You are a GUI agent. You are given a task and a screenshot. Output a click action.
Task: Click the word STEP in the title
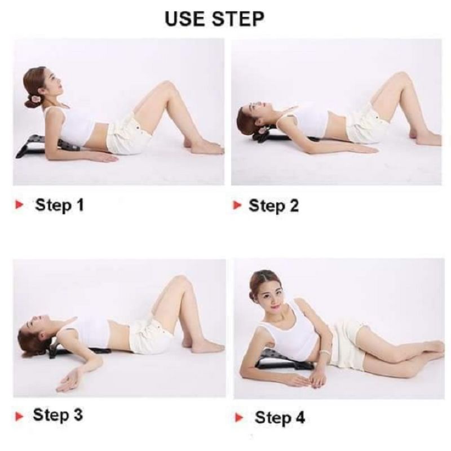point(239,18)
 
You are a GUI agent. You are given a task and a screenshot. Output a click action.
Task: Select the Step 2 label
point(273,206)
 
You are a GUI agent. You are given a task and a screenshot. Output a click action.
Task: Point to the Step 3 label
point(58,415)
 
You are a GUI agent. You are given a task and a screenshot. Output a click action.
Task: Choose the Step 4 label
point(280,418)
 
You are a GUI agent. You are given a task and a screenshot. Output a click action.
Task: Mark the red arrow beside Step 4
point(240,418)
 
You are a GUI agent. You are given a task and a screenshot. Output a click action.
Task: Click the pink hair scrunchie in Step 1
point(37,100)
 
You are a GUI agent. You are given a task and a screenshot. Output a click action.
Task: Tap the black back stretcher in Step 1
point(42,146)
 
